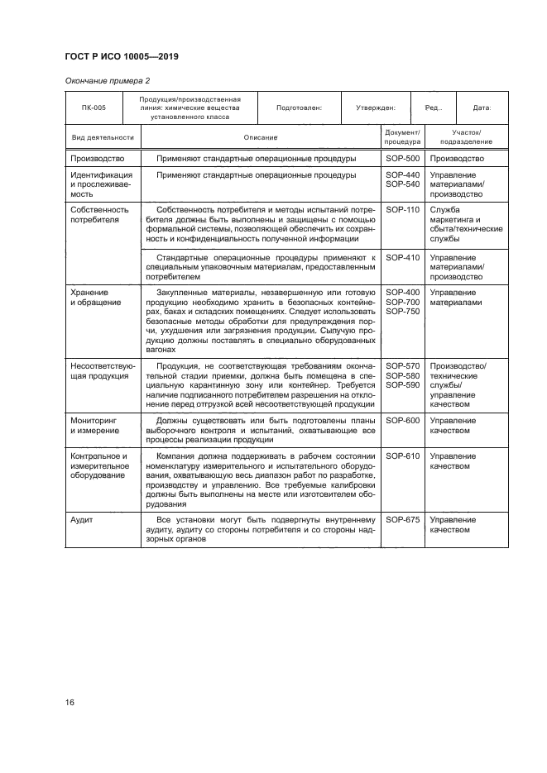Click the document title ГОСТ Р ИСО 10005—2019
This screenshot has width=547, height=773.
122,57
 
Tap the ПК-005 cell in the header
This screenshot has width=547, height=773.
94,107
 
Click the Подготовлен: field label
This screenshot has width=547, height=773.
299,107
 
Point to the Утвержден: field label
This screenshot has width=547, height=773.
375,107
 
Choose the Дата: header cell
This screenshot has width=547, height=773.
482,107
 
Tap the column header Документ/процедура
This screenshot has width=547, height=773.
402,137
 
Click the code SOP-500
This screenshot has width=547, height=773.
402,158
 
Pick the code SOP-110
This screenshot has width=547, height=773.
402,210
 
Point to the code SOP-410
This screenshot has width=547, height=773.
402,258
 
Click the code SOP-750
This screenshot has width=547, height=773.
402,312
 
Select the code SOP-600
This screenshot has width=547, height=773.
402,421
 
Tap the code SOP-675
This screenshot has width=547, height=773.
402,520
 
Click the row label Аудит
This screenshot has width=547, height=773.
83,520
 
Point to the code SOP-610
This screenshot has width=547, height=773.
402,456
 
